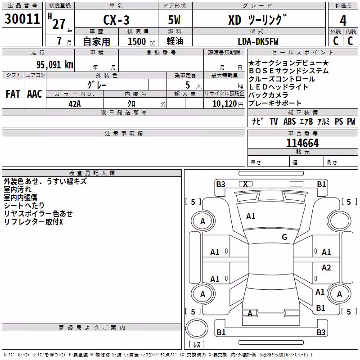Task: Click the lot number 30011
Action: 22,19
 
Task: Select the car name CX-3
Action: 117,20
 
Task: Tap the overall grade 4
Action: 343,21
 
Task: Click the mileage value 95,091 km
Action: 55,65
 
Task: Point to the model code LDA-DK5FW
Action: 258,41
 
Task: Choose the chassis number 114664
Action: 302,143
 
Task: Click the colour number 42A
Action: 75,104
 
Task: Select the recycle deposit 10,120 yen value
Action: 228,104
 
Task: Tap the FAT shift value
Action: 13,94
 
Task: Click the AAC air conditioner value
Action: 35,94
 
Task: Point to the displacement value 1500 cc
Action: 141,41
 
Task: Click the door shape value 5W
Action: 174,20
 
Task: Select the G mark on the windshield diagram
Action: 284,237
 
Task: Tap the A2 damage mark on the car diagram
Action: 326,267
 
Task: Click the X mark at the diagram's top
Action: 245,184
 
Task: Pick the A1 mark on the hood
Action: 251,216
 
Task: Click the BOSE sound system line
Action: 289,71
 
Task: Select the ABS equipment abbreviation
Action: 289,121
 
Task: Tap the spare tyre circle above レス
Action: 197,328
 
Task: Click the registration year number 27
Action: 59,24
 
